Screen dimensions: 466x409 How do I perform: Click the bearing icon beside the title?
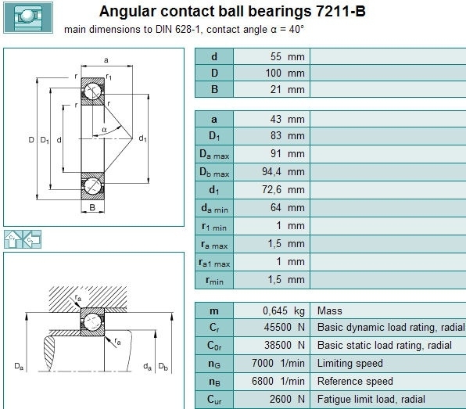tap(28, 17)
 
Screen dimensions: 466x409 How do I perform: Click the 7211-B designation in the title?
tap(341, 11)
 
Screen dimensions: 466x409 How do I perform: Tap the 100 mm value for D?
tap(285, 73)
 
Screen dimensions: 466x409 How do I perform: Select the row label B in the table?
tap(214, 89)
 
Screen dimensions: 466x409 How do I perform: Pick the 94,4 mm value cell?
tap(283, 171)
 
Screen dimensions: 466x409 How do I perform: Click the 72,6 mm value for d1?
tap(283, 189)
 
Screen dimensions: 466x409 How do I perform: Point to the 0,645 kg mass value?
tap(284, 310)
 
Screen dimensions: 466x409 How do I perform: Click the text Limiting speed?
tap(349, 363)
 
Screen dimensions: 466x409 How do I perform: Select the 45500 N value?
tap(285, 327)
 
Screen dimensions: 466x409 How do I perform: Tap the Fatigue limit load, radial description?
tap(371, 399)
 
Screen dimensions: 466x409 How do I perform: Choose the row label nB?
tap(214, 382)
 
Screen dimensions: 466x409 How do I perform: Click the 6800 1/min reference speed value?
tap(278, 381)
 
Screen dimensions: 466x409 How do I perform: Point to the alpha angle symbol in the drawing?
tap(104, 130)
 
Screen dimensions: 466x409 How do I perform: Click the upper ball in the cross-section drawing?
tap(92, 91)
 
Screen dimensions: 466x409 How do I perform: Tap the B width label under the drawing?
tap(92, 207)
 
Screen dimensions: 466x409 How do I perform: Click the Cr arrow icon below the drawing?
tap(13, 239)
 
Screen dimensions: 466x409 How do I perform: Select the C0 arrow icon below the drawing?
tap(32, 239)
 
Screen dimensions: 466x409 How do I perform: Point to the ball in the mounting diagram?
tap(92, 322)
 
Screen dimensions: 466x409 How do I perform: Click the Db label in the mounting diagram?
tap(163, 366)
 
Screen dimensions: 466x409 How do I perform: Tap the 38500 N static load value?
tap(285, 345)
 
